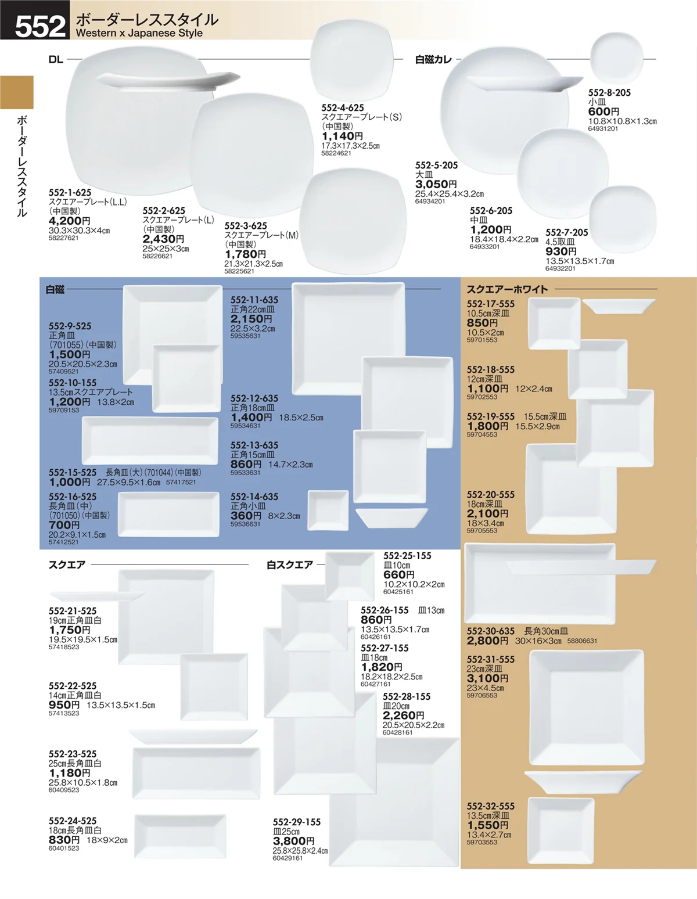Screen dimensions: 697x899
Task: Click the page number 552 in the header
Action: coord(40,26)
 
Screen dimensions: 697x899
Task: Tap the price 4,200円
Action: coord(69,221)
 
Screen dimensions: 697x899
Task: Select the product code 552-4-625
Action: coord(343,108)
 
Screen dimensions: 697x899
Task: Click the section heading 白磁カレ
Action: coord(433,60)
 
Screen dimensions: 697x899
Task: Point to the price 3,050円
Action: coord(436,184)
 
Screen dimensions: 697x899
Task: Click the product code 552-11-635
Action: coord(254,300)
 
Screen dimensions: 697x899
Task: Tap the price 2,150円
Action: coord(251,319)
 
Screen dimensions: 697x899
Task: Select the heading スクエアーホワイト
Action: coord(507,289)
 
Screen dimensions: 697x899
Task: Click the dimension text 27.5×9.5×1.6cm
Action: coord(128,483)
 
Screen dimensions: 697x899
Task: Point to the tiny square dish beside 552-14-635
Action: coord(328,510)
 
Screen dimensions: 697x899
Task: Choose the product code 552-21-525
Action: coord(73,611)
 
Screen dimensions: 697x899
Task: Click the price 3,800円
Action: coord(293,841)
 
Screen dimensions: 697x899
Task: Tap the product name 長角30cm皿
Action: coord(546,631)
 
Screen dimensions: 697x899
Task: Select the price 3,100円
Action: coord(488,678)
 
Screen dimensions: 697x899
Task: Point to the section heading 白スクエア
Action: coord(290,564)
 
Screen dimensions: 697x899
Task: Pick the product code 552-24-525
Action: coord(73,821)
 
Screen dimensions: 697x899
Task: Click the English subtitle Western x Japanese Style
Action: coord(139,33)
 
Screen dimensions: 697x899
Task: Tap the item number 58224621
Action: coord(336,153)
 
